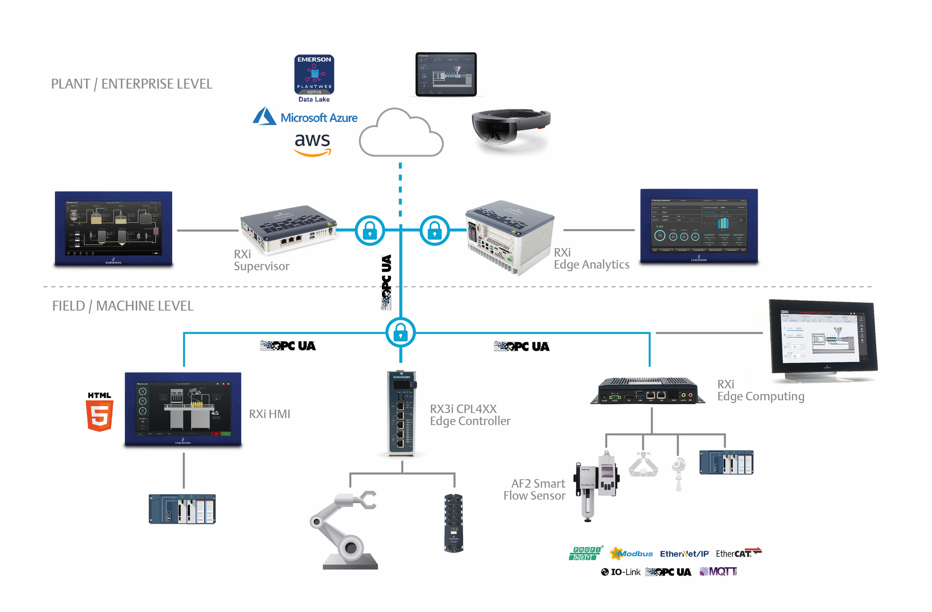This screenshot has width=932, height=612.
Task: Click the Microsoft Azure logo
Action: (x=305, y=117)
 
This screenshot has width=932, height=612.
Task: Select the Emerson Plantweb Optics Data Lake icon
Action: (x=314, y=75)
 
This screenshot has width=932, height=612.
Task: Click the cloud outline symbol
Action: (x=401, y=133)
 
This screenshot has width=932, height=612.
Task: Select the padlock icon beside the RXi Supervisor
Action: (x=370, y=231)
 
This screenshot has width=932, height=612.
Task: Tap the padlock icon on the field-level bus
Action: (x=400, y=332)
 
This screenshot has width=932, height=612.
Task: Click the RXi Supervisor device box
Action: (x=288, y=229)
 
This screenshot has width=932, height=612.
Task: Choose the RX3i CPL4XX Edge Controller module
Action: (x=402, y=414)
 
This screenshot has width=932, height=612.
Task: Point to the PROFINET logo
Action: (x=585, y=553)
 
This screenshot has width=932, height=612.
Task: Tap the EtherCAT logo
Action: (x=738, y=553)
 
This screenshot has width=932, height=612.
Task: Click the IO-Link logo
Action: (x=621, y=572)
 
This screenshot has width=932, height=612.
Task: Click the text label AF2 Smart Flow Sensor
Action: (x=535, y=490)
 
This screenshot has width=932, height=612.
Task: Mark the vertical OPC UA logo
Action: (x=386, y=282)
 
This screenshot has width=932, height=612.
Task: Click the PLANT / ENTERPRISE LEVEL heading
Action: (x=132, y=84)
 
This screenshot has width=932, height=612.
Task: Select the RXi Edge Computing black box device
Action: (x=648, y=391)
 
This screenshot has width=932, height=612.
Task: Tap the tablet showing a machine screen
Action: (x=446, y=74)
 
